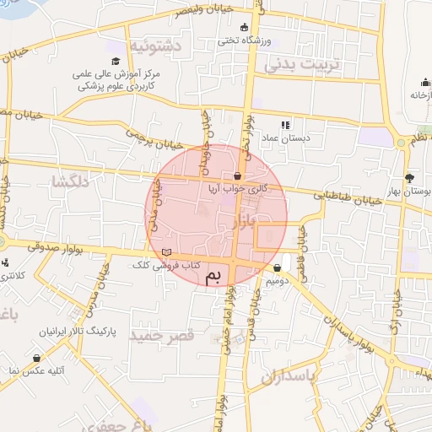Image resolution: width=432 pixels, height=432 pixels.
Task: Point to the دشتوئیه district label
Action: pos(152,46)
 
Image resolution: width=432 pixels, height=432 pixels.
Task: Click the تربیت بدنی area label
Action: pos(300,64)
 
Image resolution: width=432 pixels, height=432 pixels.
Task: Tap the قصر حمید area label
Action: pos(163,335)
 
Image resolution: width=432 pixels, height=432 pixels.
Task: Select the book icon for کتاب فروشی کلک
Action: pos(166,252)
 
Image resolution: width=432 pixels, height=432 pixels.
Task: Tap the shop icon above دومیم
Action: pos(278,269)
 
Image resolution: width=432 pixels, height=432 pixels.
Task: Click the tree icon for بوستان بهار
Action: pos(409,178)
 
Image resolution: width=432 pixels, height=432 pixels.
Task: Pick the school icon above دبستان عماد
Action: pos(284,125)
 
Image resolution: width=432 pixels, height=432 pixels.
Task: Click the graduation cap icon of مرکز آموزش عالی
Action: pos(115,61)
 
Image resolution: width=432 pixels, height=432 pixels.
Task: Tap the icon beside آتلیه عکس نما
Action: pos(37,358)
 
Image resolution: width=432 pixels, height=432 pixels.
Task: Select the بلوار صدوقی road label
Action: pos(52,247)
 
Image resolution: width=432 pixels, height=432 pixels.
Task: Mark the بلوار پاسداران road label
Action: pos(347,326)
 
